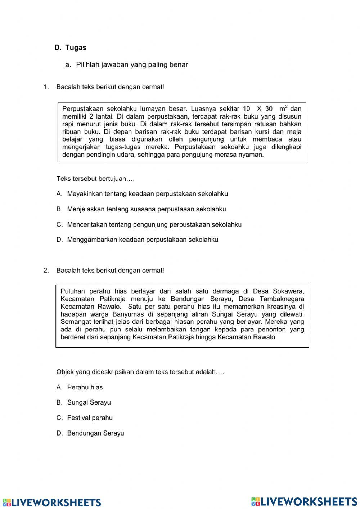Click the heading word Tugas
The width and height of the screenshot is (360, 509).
click(x=76, y=48)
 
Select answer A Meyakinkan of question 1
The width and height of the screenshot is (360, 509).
click(x=147, y=194)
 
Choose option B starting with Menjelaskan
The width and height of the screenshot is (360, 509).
click(x=146, y=209)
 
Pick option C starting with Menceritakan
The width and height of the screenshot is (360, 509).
click(x=154, y=224)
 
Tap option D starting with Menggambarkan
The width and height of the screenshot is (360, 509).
click(x=142, y=240)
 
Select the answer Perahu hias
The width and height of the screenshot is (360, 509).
click(x=85, y=387)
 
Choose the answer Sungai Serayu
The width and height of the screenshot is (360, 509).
click(x=89, y=402)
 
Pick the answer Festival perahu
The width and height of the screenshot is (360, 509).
click(x=90, y=418)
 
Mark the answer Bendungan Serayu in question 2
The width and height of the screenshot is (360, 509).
click(x=95, y=433)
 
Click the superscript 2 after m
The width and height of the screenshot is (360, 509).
click(x=286, y=106)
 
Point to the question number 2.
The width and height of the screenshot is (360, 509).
click(x=46, y=271)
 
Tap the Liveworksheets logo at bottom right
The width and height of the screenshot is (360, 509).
click(x=304, y=501)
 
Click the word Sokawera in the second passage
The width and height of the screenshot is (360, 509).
click(x=288, y=291)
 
